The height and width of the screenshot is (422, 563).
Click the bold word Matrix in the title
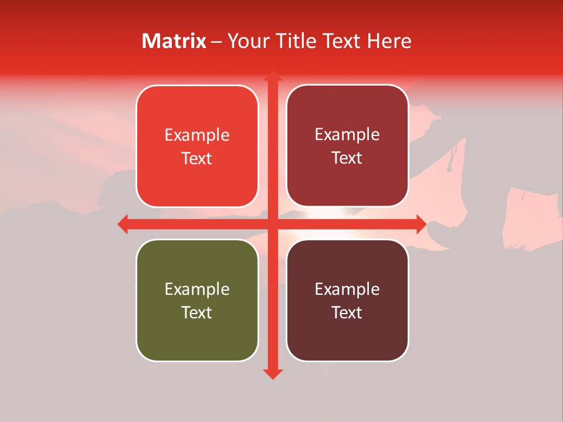tap(174, 41)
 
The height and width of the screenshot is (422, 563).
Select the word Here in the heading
tap(389, 41)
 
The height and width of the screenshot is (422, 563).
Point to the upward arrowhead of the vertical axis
tap(272, 76)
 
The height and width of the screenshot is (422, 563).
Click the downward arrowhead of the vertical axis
tap(272, 374)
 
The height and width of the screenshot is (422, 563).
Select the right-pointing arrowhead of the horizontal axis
tap(421, 224)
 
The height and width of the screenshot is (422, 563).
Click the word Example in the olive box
tap(197, 289)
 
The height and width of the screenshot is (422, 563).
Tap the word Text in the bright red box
tap(197, 158)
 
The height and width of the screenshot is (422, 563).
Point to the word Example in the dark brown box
tap(347, 289)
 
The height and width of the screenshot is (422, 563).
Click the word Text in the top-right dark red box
tap(347, 158)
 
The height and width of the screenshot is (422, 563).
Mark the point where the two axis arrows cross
tap(272, 224)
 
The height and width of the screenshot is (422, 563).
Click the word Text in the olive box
tap(197, 312)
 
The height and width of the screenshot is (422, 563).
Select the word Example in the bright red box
tap(197, 135)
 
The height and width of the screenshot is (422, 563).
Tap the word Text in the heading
tap(342, 41)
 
